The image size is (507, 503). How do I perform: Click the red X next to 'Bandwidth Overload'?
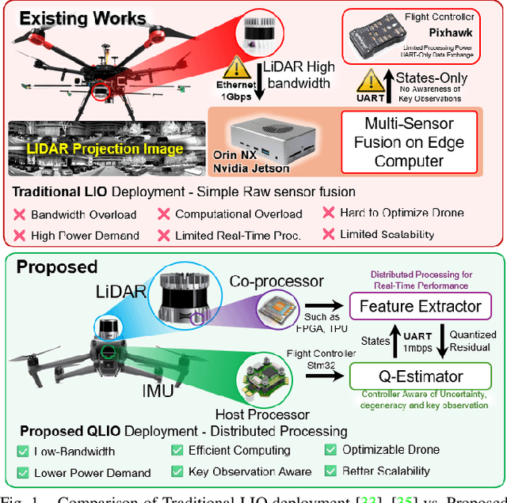point(19,214)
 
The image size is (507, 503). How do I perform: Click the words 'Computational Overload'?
point(238,214)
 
